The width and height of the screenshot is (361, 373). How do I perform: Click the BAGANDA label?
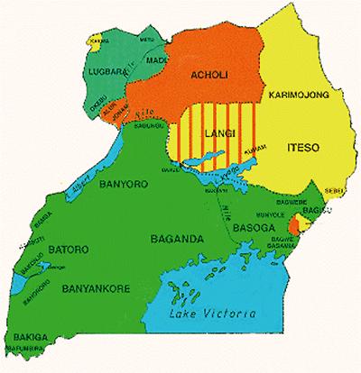(x=176, y=238)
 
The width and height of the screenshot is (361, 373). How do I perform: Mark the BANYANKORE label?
(x=92, y=290)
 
